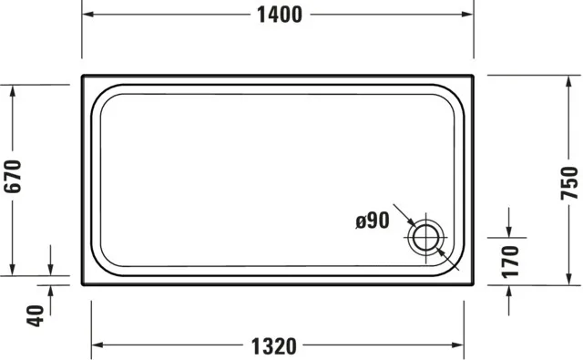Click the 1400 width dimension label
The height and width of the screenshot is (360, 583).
[278, 15]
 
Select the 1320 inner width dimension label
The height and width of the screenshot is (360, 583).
[273, 346]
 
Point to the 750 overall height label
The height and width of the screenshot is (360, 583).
[569, 182]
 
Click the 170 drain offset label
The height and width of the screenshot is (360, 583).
[510, 261]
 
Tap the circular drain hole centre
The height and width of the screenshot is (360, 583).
[424, 239]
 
